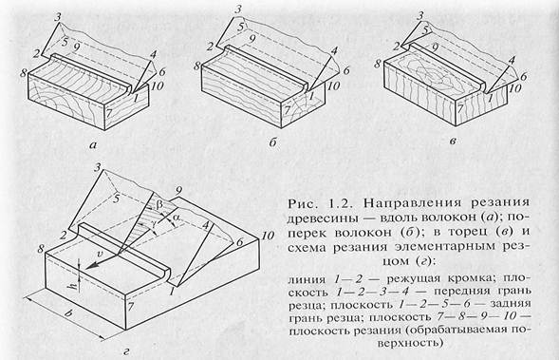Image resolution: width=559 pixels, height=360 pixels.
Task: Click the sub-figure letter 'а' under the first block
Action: (93, 145)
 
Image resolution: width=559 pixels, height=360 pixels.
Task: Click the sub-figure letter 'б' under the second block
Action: (272, 142)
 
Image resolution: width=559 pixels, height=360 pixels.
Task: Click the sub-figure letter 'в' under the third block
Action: (453, 142)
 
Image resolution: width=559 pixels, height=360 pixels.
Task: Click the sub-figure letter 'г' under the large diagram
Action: (126, 352)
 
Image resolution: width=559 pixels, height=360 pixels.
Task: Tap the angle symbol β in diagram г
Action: (159, 205)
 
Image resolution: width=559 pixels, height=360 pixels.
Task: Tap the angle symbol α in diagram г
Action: (177, 218)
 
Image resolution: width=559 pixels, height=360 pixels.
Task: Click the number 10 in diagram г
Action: (268, 236)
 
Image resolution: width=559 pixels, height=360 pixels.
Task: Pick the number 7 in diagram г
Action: (131, 306)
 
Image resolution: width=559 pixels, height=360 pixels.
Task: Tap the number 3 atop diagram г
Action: (97, 166)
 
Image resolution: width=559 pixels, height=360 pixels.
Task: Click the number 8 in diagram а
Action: (24, 73)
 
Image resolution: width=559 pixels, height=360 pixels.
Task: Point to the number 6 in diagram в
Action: (523, 76)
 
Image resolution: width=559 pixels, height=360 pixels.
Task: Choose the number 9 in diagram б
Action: (252, 40)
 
